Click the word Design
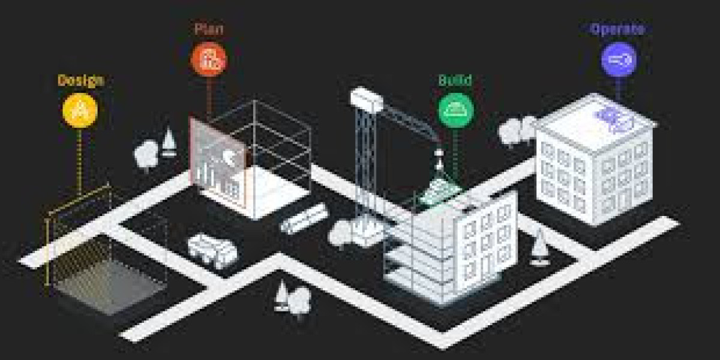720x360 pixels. tap(81, 80)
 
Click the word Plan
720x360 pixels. tap(209, 29)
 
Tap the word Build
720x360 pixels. tap(455, 80)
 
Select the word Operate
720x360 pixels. tap(618, 29)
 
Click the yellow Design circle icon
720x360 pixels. tap(80, 110)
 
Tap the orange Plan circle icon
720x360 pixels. tap(209, 59)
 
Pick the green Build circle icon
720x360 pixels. tap(456, 110)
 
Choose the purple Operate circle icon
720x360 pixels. tap(619, 59)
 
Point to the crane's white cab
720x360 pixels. tap(367, 99)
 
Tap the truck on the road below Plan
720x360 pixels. tap(212, 251)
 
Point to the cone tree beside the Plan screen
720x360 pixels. tap(169, 142)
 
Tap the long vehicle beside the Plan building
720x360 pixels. tap(304, 218)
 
